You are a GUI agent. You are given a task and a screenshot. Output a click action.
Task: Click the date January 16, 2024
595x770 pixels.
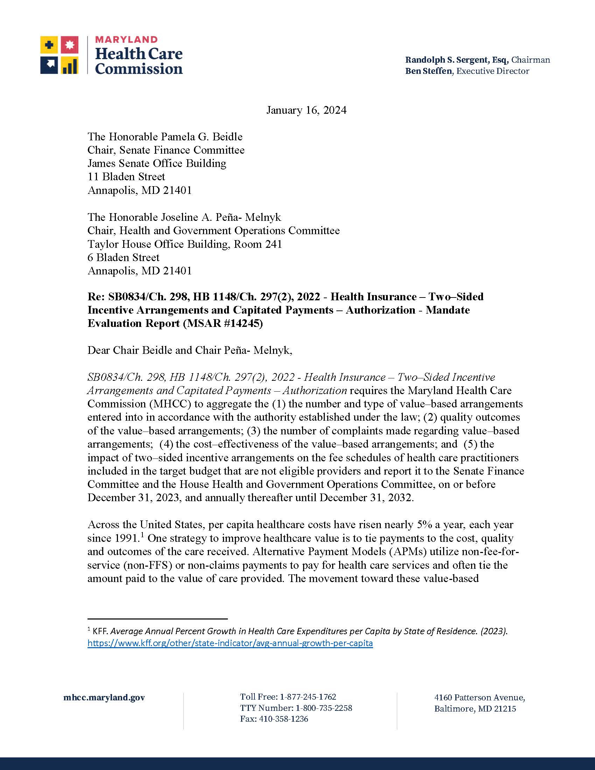[306, 110]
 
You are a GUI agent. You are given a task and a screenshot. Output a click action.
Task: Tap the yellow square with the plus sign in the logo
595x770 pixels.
[49, 45]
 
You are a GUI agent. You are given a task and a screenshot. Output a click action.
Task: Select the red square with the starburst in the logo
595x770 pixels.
[70, 45]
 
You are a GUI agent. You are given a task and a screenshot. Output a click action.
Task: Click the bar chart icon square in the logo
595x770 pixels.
[70, 65]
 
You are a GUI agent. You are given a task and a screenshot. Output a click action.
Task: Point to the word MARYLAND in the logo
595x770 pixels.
[126, 40]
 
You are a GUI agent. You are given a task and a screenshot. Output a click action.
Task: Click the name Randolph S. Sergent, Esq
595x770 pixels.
[456, 60]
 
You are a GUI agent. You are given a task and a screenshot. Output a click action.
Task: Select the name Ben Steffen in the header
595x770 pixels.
[428, 71]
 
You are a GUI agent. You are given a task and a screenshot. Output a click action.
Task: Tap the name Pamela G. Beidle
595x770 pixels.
[202, 137]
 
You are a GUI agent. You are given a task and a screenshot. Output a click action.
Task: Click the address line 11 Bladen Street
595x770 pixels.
[126, 177]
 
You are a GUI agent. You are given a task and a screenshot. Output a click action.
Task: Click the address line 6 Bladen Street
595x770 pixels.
[123, 257]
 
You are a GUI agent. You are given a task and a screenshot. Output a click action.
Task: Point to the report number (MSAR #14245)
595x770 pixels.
[223, 323]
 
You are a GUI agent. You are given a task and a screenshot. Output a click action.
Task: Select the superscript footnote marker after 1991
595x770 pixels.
[142, 535]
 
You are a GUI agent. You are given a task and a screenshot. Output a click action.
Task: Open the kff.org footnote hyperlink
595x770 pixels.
[230, 643]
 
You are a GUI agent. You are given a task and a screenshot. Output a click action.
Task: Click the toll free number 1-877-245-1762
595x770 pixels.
[308, 697]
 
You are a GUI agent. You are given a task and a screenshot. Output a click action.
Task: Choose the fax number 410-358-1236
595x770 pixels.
[283, 719]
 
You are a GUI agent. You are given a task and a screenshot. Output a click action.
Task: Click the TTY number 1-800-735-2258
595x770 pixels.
[324, 708]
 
